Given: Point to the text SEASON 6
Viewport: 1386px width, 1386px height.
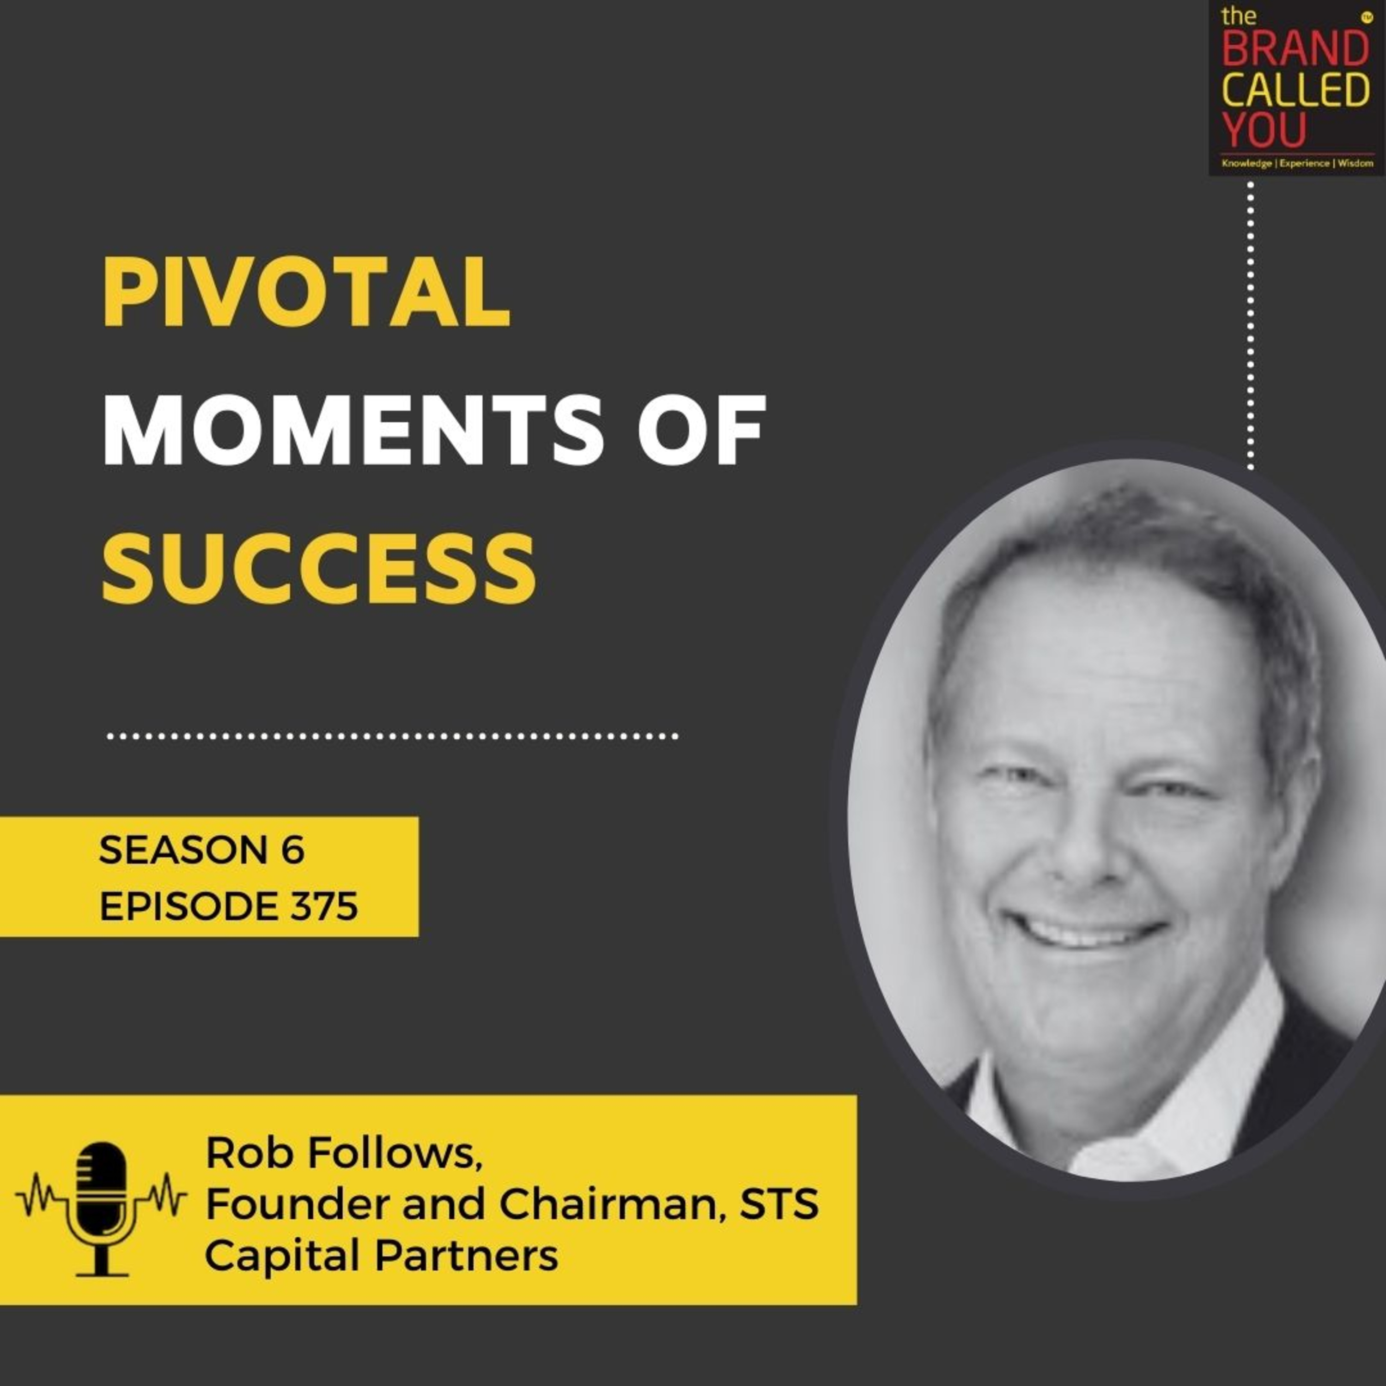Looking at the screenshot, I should click(201, 851).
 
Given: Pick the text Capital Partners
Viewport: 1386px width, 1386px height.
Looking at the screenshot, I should click(381, 1256).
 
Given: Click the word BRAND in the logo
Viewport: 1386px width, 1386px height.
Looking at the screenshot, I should click(1295, 50).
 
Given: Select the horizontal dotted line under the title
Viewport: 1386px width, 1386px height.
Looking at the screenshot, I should click(392, 736).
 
